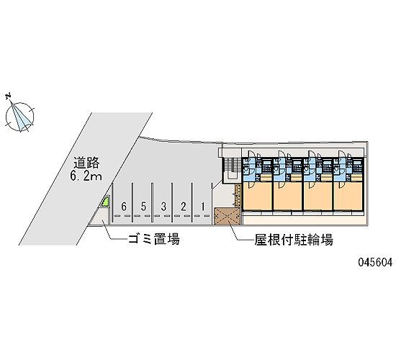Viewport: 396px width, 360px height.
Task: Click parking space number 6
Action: click(x=124, y=207)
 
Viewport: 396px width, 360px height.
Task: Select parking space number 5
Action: click(x=143, y=207)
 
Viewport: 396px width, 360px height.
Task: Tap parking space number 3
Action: click(x=163, y=207)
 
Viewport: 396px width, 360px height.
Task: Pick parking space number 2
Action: click(x=184, y=207)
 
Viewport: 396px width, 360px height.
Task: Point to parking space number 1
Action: click(x=203, y=207)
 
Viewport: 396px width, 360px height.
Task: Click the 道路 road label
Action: click(x=86, y=163)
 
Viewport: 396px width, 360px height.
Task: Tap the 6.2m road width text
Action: click(x=86, y=176)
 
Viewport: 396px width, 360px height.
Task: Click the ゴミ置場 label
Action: click(x=154, y=239)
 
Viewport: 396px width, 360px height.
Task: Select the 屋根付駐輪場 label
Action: click(x=294, y=240)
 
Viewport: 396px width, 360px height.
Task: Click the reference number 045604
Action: click(x=375, y=262)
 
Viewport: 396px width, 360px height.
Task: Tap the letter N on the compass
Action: click(x=9, y=96)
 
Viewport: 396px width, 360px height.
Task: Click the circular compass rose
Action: click(x=19, y=117)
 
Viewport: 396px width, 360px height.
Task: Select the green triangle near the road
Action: click(x=105, y=202)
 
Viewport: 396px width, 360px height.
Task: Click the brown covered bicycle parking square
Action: click(x=227, y=216)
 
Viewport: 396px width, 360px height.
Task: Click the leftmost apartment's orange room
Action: click(x=257, y=196)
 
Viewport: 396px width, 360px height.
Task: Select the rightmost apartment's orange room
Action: click(x=348, y=196)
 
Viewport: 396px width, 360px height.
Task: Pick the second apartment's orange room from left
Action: click(x=288, y=196)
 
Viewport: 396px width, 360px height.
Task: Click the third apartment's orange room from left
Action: click(x=318, y=196)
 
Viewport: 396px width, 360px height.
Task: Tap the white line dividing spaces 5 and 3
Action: click(x=153, y=203)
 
